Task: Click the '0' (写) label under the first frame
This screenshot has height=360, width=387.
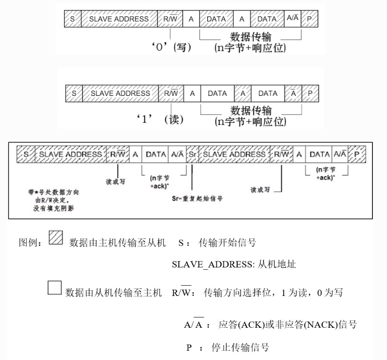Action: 171,47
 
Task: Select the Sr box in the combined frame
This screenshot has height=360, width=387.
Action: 193,154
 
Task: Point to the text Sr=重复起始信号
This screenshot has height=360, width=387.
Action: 197,198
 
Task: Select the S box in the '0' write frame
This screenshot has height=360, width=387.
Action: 72,19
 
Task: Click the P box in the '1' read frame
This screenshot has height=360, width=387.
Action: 310,93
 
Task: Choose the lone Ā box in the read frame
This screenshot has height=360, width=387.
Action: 293,93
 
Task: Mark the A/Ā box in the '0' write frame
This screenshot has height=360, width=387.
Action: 292,19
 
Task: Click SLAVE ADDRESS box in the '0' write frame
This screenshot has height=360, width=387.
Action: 119,19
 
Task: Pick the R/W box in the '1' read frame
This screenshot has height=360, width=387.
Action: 171,93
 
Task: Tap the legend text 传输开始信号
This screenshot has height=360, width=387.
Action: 227,243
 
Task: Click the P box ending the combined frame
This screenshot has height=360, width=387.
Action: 358,154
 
